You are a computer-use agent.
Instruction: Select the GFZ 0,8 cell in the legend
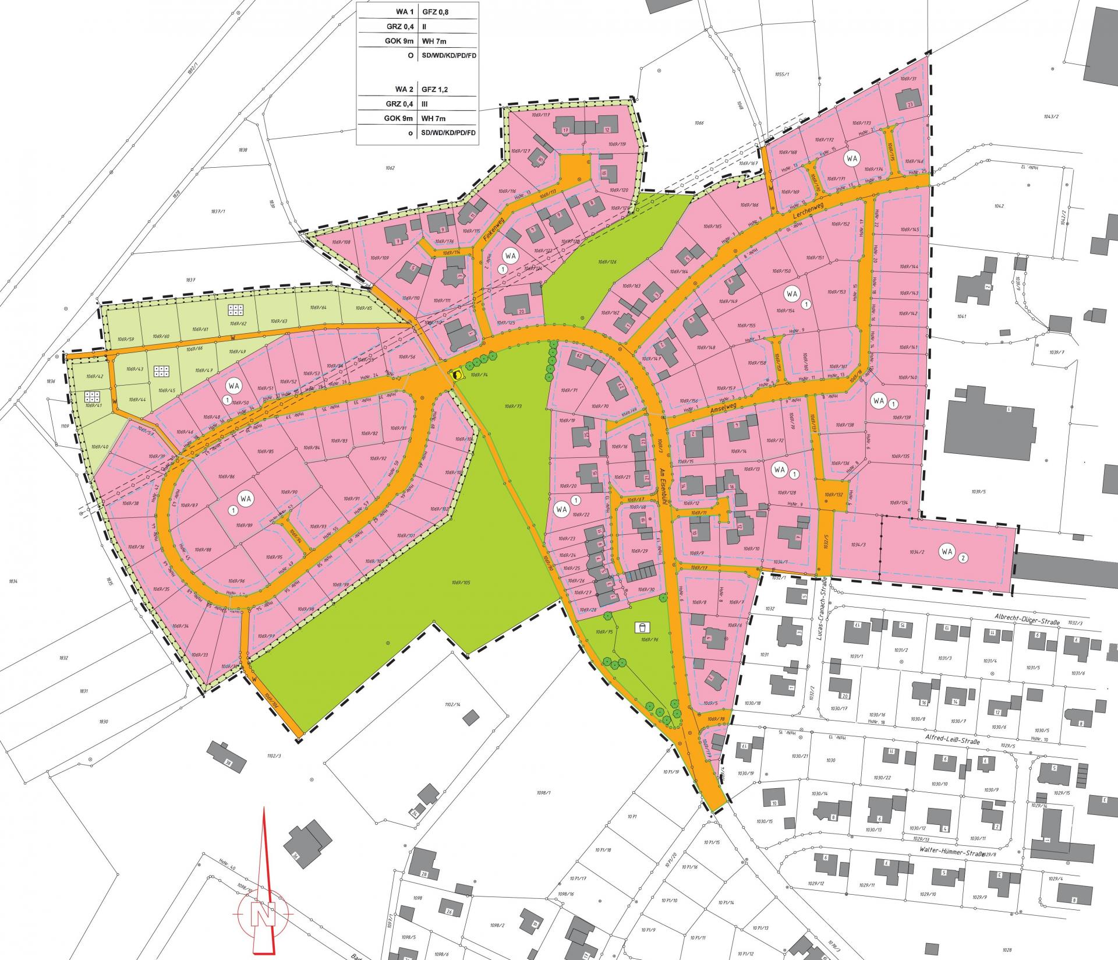[442, 10]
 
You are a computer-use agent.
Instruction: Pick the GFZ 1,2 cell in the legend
[442, 90]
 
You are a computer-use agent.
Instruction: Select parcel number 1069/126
[606, 262]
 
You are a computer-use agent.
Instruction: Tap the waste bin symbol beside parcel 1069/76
[642, 627]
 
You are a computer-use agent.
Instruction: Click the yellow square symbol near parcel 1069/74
[458, 375]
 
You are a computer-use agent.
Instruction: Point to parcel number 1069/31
[908, 79]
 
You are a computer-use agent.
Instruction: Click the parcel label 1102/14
[452, 705]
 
